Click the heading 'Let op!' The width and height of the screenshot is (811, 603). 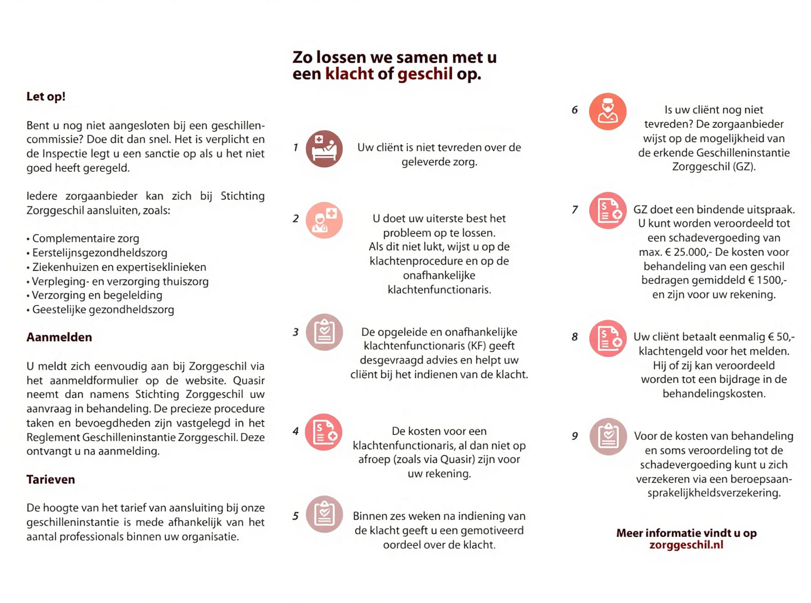point(46,96)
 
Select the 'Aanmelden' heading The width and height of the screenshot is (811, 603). point(59,337)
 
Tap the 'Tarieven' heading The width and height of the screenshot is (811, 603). point(50,479)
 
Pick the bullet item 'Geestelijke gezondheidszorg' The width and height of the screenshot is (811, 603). point(103,310)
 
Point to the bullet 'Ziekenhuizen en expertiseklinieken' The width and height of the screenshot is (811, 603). point(119,267)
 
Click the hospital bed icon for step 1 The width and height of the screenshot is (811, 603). point(324,149)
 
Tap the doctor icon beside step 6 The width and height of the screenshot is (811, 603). point(607,111)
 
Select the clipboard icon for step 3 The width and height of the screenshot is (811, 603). point(324,332)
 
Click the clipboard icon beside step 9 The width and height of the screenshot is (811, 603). point(608,436)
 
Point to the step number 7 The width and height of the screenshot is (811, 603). point(574,210)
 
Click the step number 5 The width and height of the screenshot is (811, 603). point(295,516)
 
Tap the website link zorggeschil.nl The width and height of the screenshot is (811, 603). point(686,545)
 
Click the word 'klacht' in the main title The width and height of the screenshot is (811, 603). point(349,74)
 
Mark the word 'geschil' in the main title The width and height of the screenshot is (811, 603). point(425,74)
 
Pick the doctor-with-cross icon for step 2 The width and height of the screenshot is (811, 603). point(324,220)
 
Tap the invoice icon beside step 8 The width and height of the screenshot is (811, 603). point(608,339)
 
